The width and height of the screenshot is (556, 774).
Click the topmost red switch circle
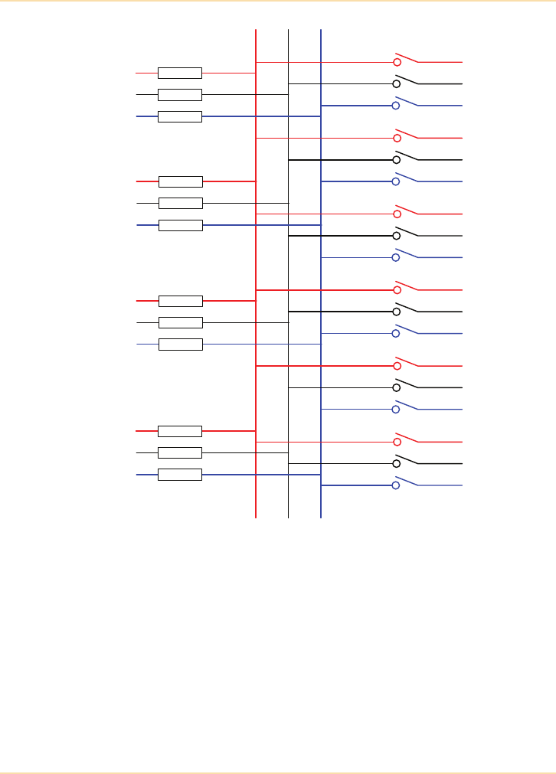[397, 62]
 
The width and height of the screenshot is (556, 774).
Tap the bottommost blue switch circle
[397, 485]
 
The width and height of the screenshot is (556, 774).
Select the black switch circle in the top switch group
[397, 83]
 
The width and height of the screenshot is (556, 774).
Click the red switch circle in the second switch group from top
[397, 138]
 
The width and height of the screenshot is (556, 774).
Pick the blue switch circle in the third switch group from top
[397, 258]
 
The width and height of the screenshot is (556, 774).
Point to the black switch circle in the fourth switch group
[397, 312]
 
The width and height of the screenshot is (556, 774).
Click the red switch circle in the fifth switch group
[397, 366]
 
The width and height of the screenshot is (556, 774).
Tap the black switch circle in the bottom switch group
[397, 464]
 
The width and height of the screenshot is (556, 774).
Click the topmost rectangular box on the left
[180, 73]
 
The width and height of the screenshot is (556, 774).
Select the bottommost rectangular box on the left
[180, 475]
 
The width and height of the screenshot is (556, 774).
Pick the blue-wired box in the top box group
[180, 116]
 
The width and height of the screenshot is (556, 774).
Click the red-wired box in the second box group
[181, 181]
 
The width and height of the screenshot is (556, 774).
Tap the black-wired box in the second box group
[181, 203]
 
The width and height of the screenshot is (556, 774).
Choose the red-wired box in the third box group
[181, 301]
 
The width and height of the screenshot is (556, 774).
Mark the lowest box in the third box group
[181, 345]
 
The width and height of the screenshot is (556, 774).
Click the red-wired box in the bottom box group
[180, 431]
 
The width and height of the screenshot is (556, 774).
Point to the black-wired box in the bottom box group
[180, 453]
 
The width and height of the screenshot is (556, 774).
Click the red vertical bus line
[255, 398]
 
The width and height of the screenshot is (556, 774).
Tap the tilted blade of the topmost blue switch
[407, 100]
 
